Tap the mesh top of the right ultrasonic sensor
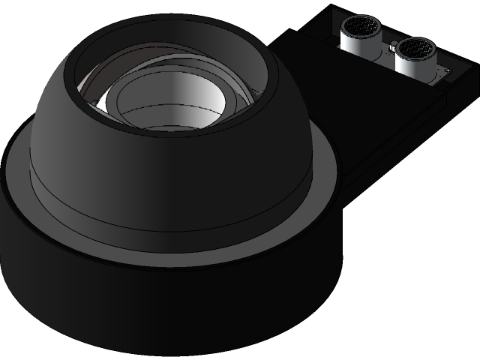pyautogui.click(x=415, y=49)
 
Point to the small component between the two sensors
pyautogui.click(x=390, y=47)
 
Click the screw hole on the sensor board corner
pyautogui.click(x=447, y=71)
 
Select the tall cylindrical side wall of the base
pyautogui.click(x=150, y=307)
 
